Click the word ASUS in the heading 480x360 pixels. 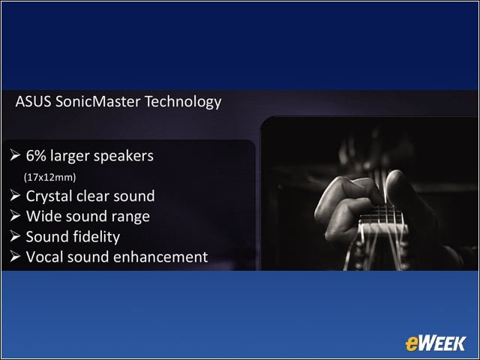pyautogui.click(x=33, y=102)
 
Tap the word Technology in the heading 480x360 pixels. pyautogui.click(x=183, y=102)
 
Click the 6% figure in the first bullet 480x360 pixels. pyautogui.click(x=36, y=155)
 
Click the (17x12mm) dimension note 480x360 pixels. pyautogui.click(x=50, y=177)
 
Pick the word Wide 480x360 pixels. pyautogui.click(x=43, y=216)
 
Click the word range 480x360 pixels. pyautogui.click(x=130, y=217)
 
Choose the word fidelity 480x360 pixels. pyautogui.click(x=97, y=237)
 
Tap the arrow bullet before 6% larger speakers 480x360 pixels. pyautogui.click(x=15, y=155)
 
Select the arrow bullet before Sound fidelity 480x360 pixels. pyautogui.click(x=15, y=236)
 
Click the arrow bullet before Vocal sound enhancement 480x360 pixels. pyautogui.click(x=15, y=256)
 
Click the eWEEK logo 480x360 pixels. pyautogui.click(x=436, y=343)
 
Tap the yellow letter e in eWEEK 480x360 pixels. pyautogui.click(x=412, y=344)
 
